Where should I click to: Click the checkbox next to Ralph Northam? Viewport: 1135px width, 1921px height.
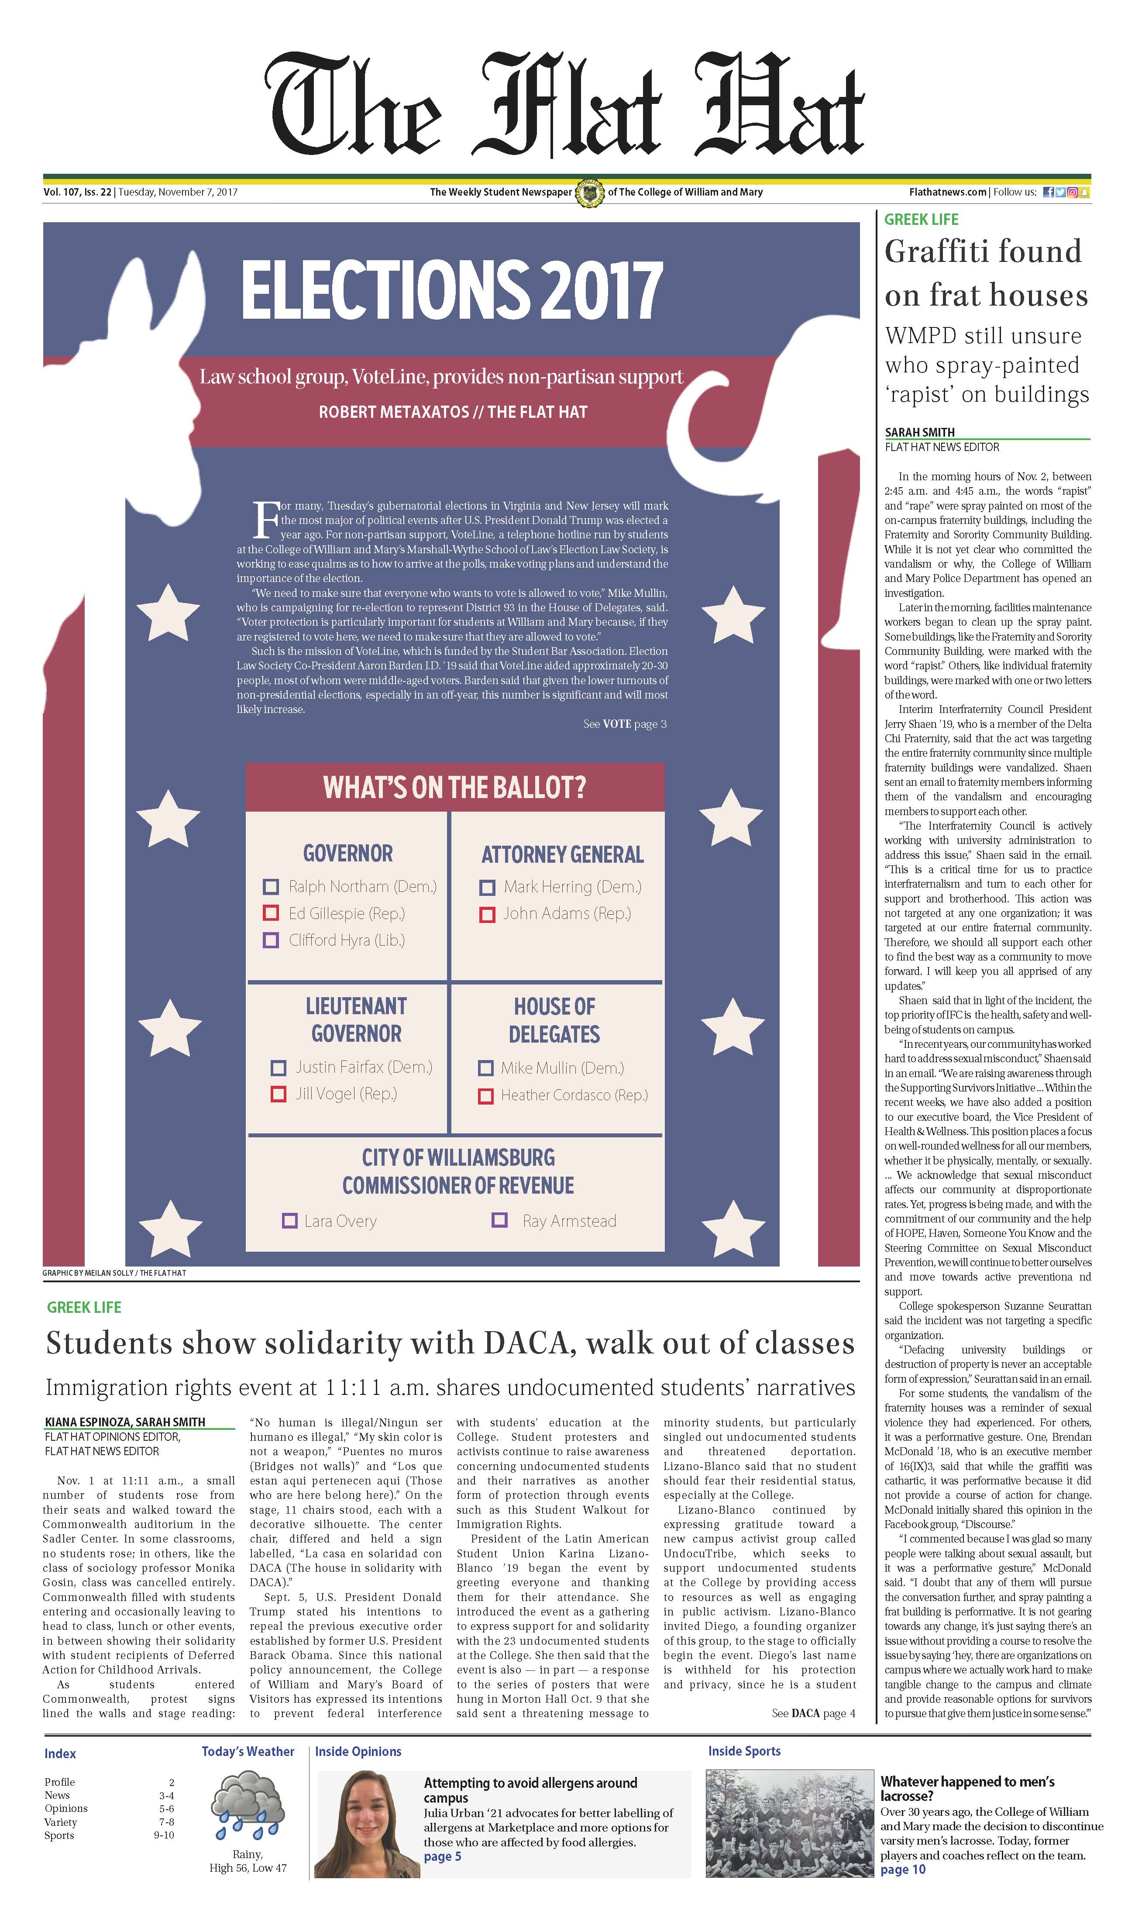tap(271, 887)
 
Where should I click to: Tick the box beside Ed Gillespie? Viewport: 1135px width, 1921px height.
tap(271, 913)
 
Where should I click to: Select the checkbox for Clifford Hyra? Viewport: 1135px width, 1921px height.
tap(271, 940)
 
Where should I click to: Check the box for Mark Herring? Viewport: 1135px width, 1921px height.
tap(486, 888)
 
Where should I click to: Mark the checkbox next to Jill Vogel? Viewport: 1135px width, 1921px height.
tap(279, 1095)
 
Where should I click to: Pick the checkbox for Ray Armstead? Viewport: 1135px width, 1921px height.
tap(499, 1220)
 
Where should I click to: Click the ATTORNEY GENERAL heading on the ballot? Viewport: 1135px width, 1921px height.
tap(562, 855)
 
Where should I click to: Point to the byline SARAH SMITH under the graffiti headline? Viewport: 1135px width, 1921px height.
tap(919, 432)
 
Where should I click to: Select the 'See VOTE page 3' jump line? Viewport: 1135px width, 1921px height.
tap(625, 724)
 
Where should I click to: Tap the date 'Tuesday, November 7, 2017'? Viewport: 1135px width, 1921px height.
tap(177, 193)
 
